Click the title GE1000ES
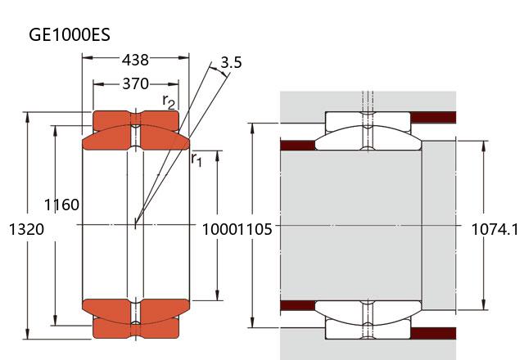(70, 34)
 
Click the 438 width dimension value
(135, 60)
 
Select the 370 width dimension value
(135, 83)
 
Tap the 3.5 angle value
(231, 63)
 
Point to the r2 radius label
(169, 101)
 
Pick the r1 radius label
(196, 159)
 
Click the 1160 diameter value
(62, 205)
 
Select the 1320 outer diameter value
(25, 230)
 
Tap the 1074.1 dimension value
(495, 230)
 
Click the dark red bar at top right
(432, 117)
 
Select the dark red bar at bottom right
(432, 334)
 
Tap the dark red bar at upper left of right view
(298, 146)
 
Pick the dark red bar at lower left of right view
(298, 306)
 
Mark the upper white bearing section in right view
(368, 120)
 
